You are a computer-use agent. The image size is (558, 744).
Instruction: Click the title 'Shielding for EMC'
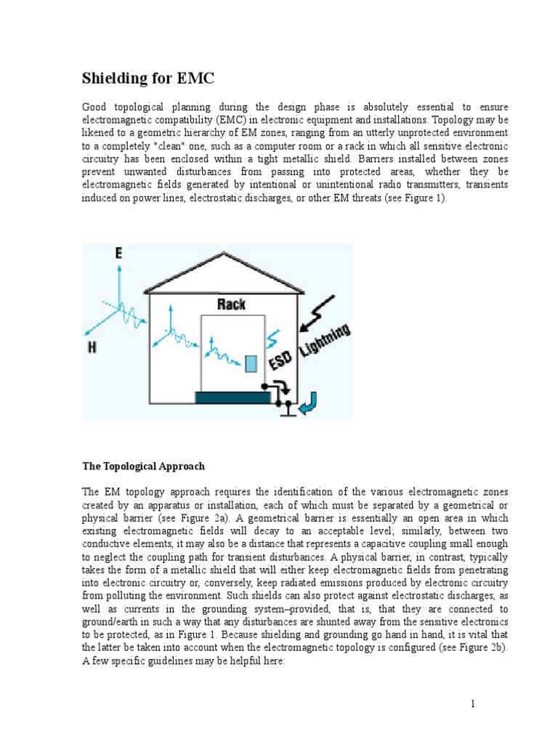click(x=147, y=78)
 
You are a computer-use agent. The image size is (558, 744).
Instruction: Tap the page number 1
click(x=472, y=704)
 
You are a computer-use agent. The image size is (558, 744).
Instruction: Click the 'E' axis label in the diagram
click(x=118, y=253)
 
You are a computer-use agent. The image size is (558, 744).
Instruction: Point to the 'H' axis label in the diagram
click(x=92, y=348)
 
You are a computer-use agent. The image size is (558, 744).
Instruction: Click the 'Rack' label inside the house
click(x=231, y=304)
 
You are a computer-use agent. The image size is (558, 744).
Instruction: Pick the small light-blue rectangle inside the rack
click(x=251, y=363)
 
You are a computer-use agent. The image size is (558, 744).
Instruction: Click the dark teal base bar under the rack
click(x=232, y=397)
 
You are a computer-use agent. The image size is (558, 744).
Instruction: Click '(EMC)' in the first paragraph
click(x=235, y=120)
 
